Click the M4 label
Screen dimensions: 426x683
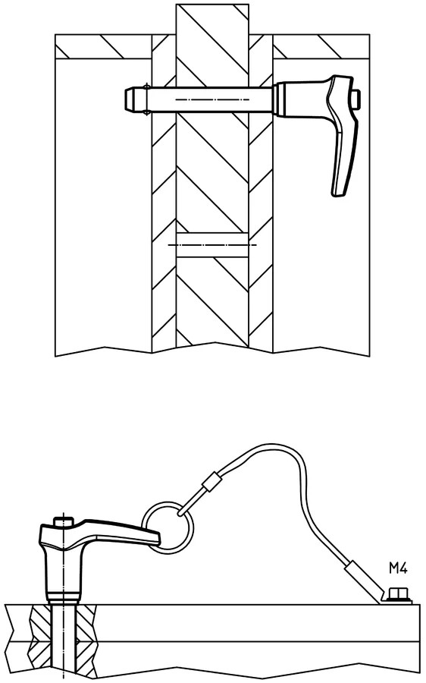[398, 568]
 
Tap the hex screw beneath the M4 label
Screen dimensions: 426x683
[398, 595]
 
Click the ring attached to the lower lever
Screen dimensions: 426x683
[168, 528]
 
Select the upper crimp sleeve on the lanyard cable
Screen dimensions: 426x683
[211, 480]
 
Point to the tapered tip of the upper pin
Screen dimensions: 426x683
[130, 99]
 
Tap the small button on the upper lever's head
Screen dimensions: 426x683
[357, 99]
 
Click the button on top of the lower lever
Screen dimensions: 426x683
[64, 521]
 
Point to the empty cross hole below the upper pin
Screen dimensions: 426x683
[212, 245]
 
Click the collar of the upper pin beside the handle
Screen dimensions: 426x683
[277, 99]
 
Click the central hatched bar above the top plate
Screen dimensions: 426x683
[212, 19]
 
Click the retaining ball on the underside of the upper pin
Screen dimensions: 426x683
[147, 114]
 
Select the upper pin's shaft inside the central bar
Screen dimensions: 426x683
[212, 99]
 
